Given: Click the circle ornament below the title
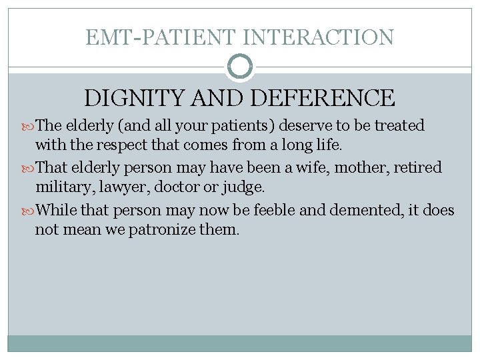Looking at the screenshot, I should pyautogui.click(x=240, y=67).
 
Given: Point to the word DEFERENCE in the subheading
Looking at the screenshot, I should pyautogui.click(x=323, y=99).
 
